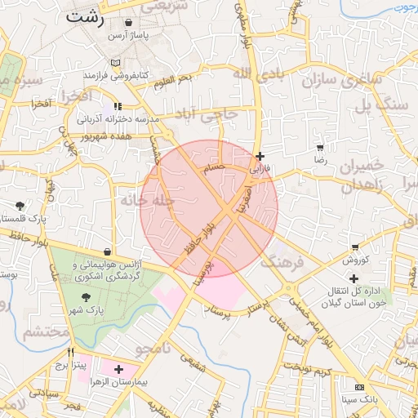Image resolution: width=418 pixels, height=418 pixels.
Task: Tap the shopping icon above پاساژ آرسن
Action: (x=131, y=23)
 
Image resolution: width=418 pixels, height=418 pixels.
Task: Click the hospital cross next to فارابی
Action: (x=260, y=156)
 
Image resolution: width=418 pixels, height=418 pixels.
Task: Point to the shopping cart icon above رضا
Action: (x=319, y=148)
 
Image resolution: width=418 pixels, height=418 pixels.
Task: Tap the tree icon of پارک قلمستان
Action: (x=20, y=205)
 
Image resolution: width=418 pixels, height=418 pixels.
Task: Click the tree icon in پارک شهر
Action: (x=86, y=297)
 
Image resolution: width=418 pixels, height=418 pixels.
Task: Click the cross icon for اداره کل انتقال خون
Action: (x=354, y=279)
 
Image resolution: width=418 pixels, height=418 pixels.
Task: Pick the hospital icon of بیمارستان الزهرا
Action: (x=119, y=369)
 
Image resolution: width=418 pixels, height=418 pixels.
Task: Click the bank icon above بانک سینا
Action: (x=358, y=386)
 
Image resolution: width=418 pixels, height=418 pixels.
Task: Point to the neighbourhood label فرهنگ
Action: (x=282, y=262)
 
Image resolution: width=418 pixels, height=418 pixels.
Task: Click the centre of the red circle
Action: (x=209, y=208)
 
